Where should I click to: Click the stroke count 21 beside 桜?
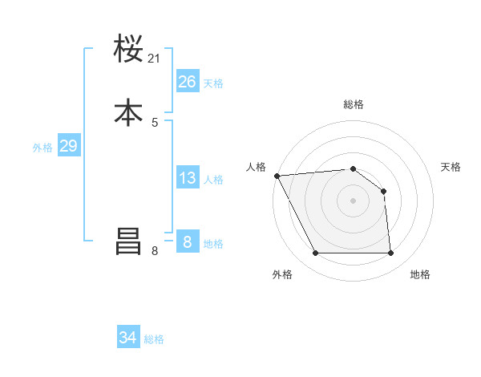[x=155, y=59]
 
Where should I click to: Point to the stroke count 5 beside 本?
[x=155, y=122]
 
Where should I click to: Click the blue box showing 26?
[x=188, y=81]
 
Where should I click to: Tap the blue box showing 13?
[x=188, y=178]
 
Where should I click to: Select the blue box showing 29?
[x=68, y=146]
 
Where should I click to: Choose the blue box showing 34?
[x=128, y=338]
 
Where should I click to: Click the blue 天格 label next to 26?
[x=213, y=83]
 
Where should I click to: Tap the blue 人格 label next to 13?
[x=213, y=180]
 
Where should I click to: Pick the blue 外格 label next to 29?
[x=42, y=148]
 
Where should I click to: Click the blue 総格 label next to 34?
[x=154, y=339]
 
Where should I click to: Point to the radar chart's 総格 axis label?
[x=354, y=104]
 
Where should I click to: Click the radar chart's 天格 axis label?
[x=451, y=167]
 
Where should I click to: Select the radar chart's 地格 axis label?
[x=420, y=274]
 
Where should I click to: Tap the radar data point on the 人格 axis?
[x=277, y=176]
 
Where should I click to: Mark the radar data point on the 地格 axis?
[x=390, y=253]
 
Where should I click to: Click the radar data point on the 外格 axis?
[x=315, y=253]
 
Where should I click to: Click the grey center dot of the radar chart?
[x=353, y=201]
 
